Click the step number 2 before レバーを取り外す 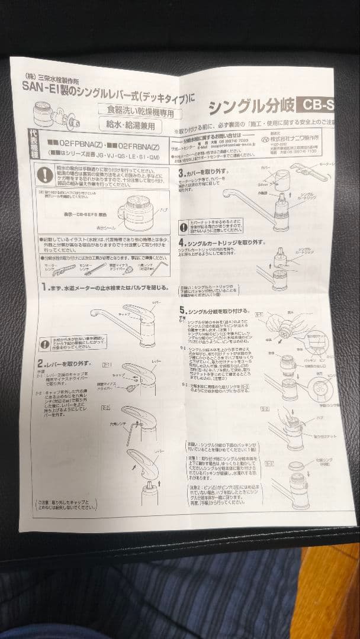click(x=40, y=363)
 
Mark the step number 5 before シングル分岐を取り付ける click(x=182, y=309)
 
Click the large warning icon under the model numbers click(x=46, y=175)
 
